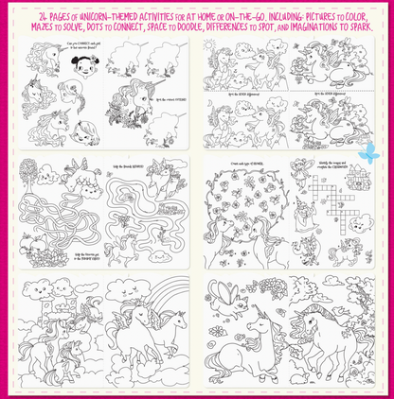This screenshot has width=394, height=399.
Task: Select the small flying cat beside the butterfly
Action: (x=248, y=302)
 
